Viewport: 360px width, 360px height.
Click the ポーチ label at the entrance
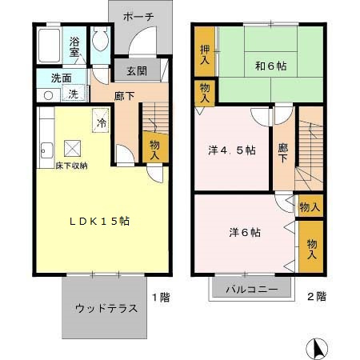point(140,16)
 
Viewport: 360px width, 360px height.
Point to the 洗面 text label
point(50,79)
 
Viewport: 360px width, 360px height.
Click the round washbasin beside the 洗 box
point(48,94)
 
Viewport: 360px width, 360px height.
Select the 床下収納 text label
point(60,165)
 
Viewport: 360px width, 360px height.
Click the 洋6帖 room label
point(244,232)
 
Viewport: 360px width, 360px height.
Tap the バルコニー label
point(250,288)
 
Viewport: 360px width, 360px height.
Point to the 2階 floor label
point(316,296)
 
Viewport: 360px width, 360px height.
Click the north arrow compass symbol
point(317,348)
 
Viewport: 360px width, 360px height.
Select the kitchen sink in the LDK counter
point(45,149)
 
